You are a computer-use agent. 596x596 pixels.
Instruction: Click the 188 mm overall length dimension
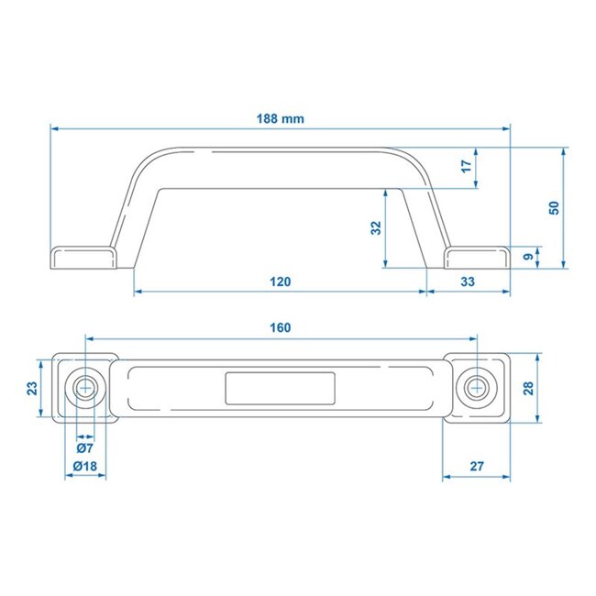[x=281, y=118]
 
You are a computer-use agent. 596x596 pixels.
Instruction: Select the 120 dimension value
[x=281, y=282]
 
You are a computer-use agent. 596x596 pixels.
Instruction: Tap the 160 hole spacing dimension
[x=281, y=327]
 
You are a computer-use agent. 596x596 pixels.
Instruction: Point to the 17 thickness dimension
[x=466, y=166]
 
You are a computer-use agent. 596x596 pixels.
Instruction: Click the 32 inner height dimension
[x=375, y=229]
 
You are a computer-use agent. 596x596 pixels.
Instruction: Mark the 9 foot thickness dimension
[x=526, y=259]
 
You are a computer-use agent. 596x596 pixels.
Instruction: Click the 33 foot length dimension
[x=468, y=282]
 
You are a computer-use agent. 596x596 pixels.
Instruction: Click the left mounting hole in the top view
[x=87, y=387]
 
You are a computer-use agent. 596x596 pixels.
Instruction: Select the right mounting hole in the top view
[x=476, y=387]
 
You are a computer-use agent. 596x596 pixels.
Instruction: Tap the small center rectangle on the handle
[x=281, y=388]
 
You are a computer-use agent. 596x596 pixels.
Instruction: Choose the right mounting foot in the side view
[x=477, y=257]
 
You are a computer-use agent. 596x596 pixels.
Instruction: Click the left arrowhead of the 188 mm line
[x=53, y=128]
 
